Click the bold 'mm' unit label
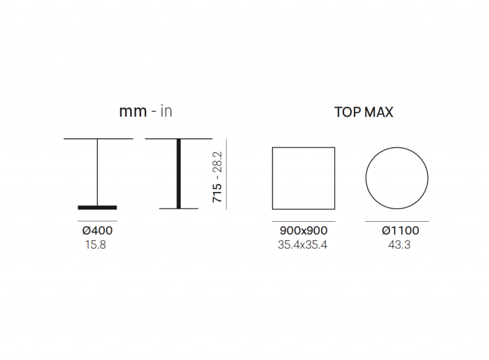point(133,112)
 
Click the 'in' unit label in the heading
point(166,111)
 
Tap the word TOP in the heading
point(346,112)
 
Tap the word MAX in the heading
point(378,112)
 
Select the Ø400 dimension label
point(97,230)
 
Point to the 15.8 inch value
point(95,245)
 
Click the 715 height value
point(217,193)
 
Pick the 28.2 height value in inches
point(217,162)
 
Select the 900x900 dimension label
point(303,230)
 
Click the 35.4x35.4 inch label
point(303,245)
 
